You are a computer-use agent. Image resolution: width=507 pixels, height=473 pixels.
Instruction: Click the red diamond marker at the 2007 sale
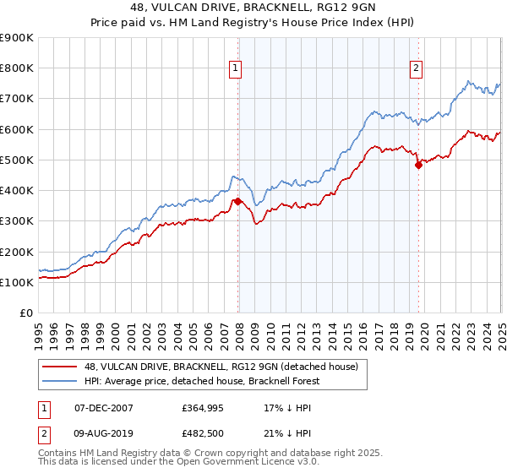pyautogui.click(x=237, y=201)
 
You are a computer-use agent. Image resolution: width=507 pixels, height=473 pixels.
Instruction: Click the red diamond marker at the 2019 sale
pyautogui.click(x=418, y=166)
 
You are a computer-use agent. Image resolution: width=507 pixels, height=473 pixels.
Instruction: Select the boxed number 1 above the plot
pyautogui.click(x=234, y=69)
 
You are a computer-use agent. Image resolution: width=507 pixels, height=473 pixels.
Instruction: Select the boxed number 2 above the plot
pyautogui.click(x=417, y=69)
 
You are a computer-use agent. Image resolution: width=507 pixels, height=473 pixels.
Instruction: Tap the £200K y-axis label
pyautogui.click(x=17, y=252)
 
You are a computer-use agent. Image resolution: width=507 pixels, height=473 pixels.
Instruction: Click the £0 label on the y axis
pyautogui.click(x=25, y=313)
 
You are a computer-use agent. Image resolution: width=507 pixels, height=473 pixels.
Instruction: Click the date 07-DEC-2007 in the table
pyautogui.click(x=104, y=407)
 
